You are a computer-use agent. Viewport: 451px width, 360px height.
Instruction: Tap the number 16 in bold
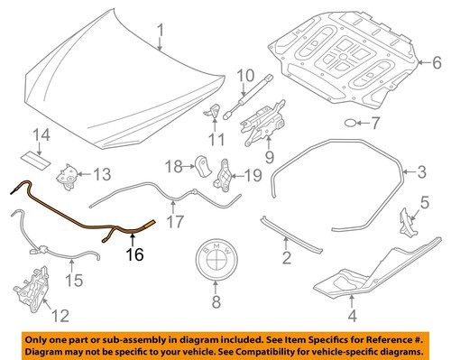pyautogui.click(x=134, y=256)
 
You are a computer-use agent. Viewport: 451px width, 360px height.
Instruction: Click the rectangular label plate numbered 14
pyautogui.click(x=39, y=159)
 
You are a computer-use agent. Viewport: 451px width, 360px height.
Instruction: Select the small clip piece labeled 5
pyautogui.click(x=407, y=214)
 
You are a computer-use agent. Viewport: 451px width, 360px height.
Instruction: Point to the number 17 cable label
pyautogui.click(x=177, y=219)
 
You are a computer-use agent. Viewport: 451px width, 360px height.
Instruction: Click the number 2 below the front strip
pyautogui.click(x=287, y=260)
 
